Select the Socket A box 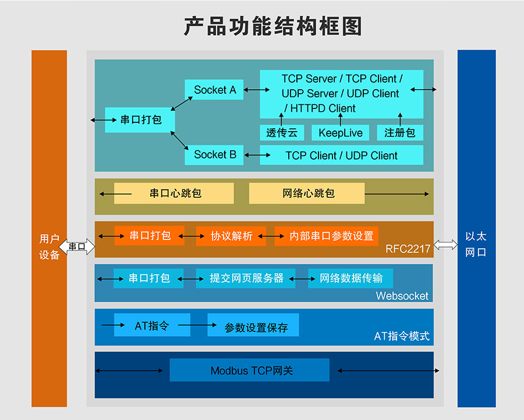coord(214,90)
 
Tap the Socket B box coord(214,154)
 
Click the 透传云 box coord(282,133)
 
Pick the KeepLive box coord(340,133)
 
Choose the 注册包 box coord(399,133)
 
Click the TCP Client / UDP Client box coord(341,156)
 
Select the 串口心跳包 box coord(174,193)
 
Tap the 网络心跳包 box coord(307,193)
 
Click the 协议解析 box coord(231,236)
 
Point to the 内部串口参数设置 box coord(327,236)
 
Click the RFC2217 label coord(408,249)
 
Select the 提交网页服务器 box coord(246,278)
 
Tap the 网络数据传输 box coord(350,278)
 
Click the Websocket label coord(402,296)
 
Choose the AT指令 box coord(152,325)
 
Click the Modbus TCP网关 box coord(250,370)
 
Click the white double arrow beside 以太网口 coord(446,245)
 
